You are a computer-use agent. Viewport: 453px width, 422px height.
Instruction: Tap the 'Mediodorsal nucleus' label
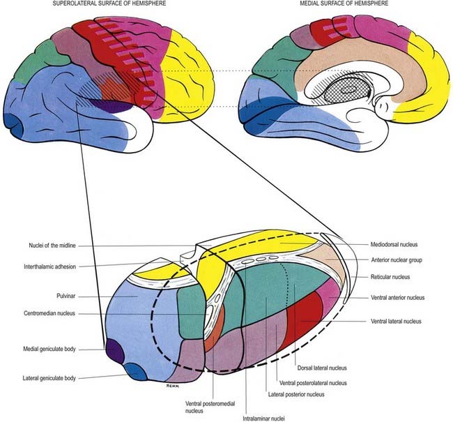(x=397, y=246)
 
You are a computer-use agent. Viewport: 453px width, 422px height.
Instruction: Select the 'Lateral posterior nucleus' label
(x=295, y=394)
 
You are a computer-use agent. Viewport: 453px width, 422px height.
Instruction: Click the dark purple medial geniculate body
(x=113, y=347)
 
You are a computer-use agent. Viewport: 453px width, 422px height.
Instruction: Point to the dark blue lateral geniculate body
(x=137, y=372)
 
